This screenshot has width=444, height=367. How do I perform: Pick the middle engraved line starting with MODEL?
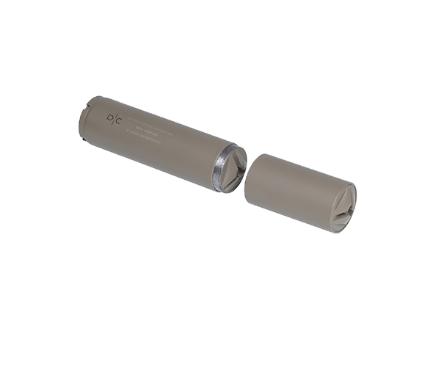[x=150, y=133]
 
